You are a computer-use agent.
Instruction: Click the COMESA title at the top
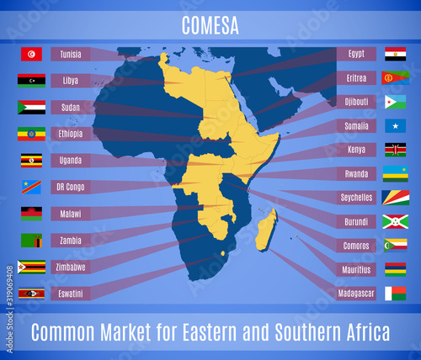[210, 25]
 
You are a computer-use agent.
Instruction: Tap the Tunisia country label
[72, 54]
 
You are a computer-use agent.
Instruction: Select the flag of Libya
[31, 81]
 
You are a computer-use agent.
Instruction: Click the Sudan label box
[72, 107]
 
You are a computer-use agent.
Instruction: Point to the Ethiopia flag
[31, 134]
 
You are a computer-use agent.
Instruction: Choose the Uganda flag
[31, 161]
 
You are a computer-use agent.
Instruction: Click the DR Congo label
[72, 187]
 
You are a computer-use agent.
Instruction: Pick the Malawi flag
[31, 214]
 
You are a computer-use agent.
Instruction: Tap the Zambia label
[72, 240]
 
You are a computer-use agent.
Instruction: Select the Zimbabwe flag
[31, 267]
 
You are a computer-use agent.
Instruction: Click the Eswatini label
[72, 294]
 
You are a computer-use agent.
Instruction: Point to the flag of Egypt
[395, 54]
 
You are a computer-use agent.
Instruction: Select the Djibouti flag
[395, 102]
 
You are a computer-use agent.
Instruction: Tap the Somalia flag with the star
[395, 126]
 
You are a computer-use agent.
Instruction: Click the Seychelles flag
[395, 198]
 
